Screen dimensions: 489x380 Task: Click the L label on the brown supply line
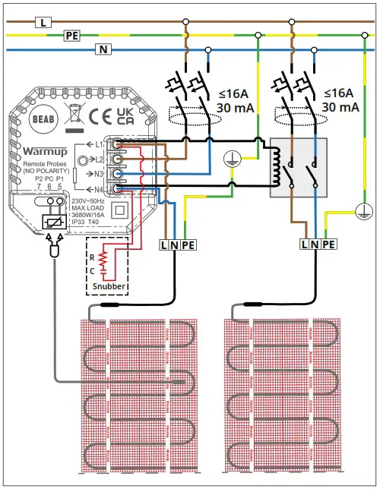tap(43, 22)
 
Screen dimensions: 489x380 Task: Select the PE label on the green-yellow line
tap(71, 36)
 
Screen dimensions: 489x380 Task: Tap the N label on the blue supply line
tap(100, 49)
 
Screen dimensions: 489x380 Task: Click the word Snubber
tap(108, 287)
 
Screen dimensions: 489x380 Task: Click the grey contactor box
tap(299, 167)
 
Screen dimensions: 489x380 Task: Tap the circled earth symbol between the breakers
tap(231, 158)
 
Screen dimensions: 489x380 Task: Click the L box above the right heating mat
tap(306, 244)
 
